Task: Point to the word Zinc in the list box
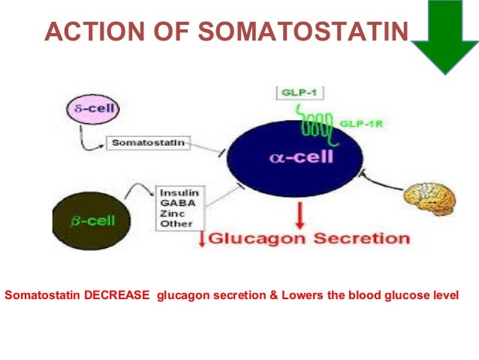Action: pos(171,213)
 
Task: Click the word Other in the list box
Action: pos(175,223)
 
